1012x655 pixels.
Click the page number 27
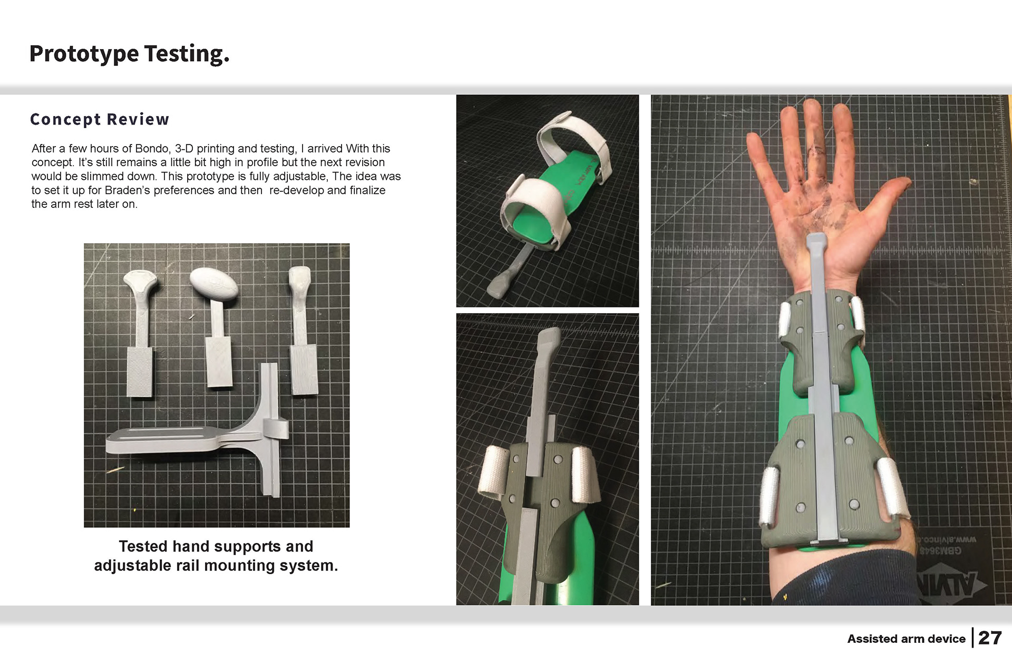pos(990,638)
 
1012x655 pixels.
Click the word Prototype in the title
pos(84,54)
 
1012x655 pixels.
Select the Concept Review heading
pos(100,120)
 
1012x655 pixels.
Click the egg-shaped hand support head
pos(213,285)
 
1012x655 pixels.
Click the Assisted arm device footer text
pos(906,639)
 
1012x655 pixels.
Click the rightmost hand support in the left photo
pos(302,332)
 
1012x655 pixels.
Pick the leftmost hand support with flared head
pos(140,332)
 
